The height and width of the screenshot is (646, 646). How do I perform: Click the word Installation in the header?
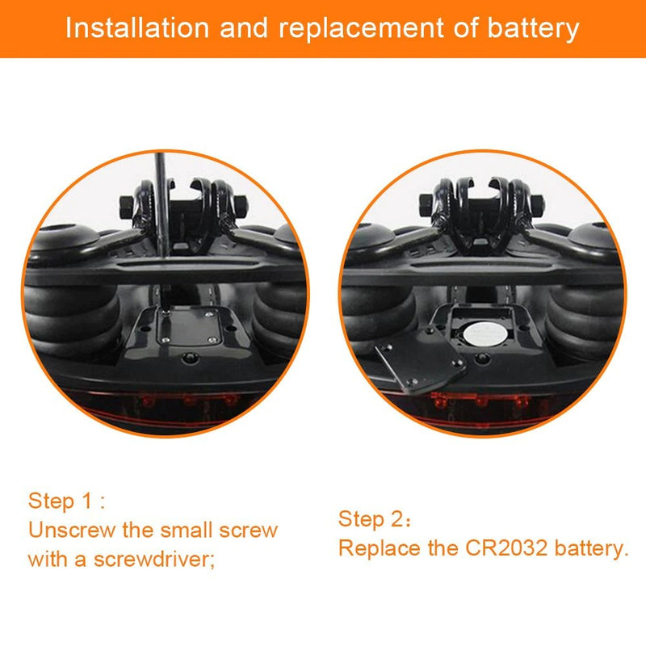click(x=137, y=28)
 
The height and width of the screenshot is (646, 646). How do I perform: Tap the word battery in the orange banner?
click(x=534, y=29)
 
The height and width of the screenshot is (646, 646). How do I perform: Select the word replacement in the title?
click(x=361, y=29)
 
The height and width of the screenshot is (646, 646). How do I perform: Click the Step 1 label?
click(x=66, y=501)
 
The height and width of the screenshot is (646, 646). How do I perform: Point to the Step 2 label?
click(x=375, y=518)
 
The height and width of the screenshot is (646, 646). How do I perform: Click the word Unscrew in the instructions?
click(x=72, y=530)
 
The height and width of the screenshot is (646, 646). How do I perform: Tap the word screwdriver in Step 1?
click(x=154, y=559)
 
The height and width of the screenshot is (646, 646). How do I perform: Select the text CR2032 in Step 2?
click(x=506, y=548)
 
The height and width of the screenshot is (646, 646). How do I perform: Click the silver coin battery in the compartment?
click(x=484, y=333)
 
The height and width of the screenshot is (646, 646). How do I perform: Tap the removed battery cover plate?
click(x=421, y=359)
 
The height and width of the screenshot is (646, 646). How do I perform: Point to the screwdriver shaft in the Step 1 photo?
click(x=161, y=205)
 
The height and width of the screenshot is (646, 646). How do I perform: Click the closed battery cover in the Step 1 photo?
click(x=190, y=326)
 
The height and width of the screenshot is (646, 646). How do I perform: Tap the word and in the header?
click(x=244, y=28)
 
